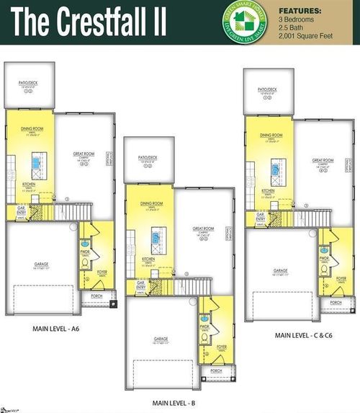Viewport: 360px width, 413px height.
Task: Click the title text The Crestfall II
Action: (90, 23)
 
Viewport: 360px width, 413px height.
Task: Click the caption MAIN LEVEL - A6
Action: (55, 329)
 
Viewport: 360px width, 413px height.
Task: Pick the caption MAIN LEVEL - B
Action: (174, 403)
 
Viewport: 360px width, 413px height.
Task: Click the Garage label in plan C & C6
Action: (280, 270)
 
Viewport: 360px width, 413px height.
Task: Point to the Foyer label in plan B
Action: (221, 347)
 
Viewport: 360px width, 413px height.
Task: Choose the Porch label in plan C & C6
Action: (336, 303)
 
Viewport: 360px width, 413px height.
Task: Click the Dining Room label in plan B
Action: (151, 204)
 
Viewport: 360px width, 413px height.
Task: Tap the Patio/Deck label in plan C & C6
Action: (268, 89)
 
